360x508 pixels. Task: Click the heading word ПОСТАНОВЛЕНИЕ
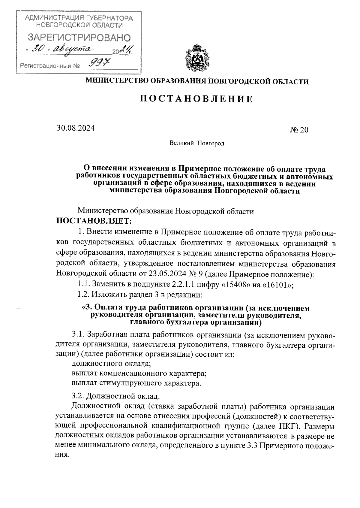click(196, 99)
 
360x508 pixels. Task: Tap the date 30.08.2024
click(76, 129)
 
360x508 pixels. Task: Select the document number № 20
click(299, 130)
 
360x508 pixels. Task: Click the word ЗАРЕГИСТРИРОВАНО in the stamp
click(79, 38)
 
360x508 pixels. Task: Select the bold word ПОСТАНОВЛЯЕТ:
click(94, 222)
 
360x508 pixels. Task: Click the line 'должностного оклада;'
click(111, 364)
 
